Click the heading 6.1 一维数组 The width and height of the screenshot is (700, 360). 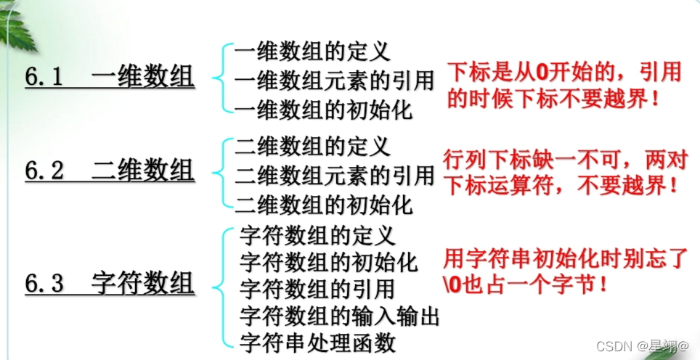(110, 76)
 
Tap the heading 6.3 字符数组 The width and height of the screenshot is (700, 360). (110, 283)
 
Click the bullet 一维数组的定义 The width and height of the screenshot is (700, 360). (312, 51)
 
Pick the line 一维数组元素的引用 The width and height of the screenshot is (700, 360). (335, 79)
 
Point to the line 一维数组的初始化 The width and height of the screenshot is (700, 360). (323, 109)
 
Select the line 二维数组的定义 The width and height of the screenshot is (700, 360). (312, 146)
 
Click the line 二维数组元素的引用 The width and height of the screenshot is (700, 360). (335, 175)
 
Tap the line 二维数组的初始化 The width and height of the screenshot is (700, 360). (323, 204)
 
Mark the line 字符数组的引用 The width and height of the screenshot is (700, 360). (317, 288)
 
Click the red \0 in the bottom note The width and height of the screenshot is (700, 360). (451, 284)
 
